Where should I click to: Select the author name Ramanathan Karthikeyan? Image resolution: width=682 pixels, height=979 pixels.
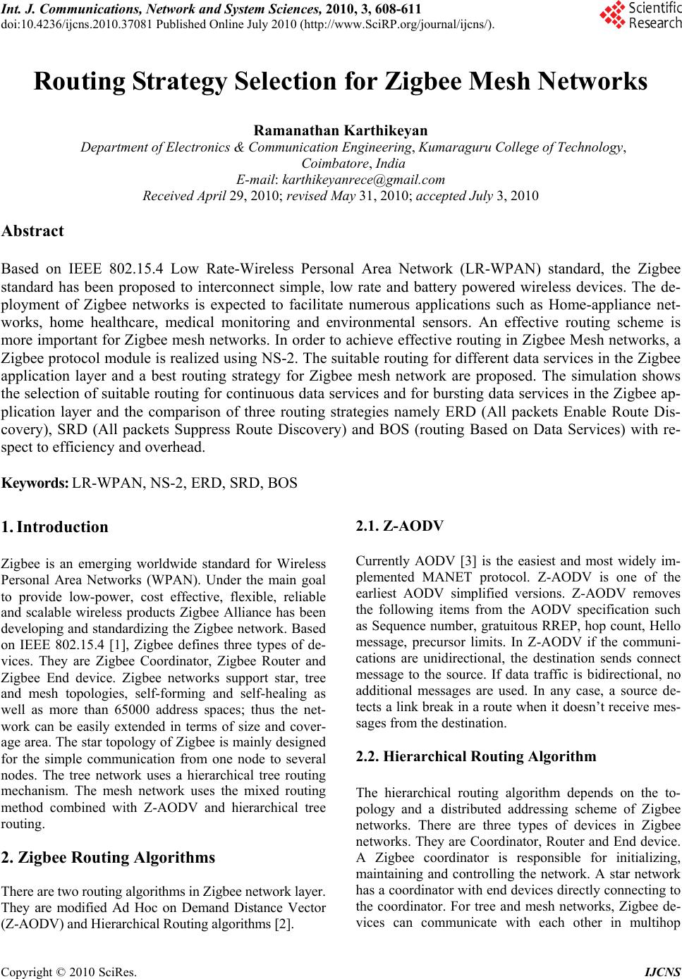[x=341, y=131]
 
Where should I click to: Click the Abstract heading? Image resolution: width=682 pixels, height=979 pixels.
[x=32, y=231]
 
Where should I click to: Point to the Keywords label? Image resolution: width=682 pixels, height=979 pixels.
[x=35, y=484]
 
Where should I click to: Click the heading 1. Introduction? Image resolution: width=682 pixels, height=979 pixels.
[x=55, y=527]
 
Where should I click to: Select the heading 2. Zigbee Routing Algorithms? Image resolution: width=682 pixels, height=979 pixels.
[x=109, y=858]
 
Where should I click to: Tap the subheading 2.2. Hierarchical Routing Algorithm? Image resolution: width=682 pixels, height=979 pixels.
[x=476, y=757]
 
